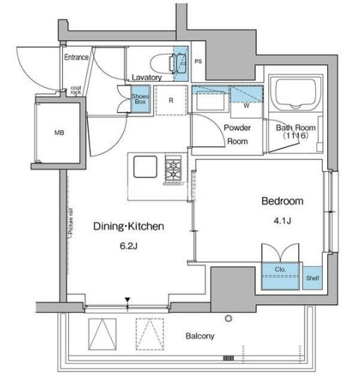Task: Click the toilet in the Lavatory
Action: pos(162,64)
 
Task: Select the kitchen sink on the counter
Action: pos(145,167)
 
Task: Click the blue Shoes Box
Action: pos(140,99)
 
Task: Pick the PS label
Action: pos(198,62)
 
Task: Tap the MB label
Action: pos(60,133)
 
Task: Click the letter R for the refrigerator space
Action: pos(171,100)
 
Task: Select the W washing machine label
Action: pos(247,106)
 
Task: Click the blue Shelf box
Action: pos(312,278)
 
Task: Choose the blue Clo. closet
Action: pos(280,276)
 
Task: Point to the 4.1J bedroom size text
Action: pos(282,220)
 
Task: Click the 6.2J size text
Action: pos(129,246)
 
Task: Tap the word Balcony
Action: pos(200,336)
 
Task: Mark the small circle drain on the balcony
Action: pos(228,318)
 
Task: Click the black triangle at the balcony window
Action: pos(127,299)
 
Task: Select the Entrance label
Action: pos(76,58)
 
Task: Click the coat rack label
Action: pos(76,90)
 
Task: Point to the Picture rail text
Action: pos(71,224)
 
